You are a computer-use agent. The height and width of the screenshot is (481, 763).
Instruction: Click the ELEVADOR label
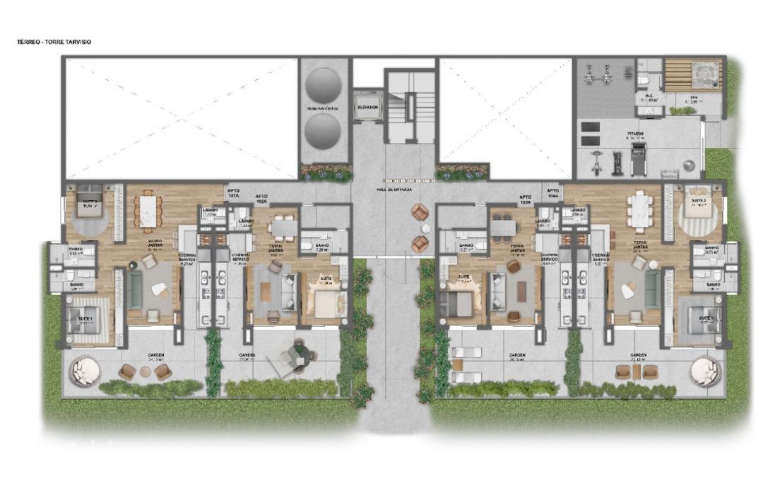[368, 108]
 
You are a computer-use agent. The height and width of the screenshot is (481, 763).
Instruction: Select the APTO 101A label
[233, 192]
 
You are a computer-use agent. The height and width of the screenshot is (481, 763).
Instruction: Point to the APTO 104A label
[552, 192]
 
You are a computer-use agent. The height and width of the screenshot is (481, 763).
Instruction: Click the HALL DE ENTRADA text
[395, 190]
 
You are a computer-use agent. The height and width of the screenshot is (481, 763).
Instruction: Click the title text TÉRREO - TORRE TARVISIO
[54, 42]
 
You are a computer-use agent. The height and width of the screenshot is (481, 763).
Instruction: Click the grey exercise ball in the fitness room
[690, 166]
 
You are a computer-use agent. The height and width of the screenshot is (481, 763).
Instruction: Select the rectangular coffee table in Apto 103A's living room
[521, 291]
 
